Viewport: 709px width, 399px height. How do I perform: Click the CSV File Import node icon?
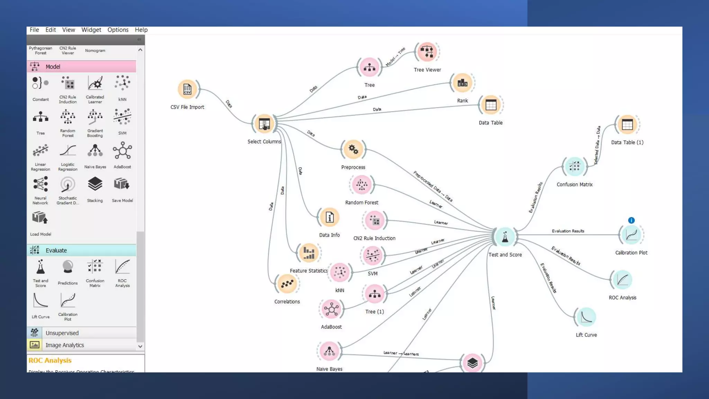(x=187, y=89)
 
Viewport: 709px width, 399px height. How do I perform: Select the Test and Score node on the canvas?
(x=505, y=237)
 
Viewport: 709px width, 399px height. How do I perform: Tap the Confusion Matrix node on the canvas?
(x=574, y=167)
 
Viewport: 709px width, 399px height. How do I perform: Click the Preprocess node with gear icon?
(x=353, y=150)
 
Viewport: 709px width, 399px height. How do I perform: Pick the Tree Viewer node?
(x=427, y=52)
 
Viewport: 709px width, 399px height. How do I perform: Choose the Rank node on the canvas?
(x=462, y=83)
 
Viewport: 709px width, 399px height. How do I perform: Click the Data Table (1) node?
(x=627, y=125)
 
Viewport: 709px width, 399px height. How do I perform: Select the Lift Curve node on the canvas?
(x=586, y=317)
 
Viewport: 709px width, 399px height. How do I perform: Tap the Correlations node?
(x=287, y=284)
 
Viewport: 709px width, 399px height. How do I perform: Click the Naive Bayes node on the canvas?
(x=329, y=351)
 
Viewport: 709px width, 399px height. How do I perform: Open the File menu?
(x=34, y=30)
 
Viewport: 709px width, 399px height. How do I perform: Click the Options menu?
(x=118, y=30)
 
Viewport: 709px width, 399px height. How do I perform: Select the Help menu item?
(x=141, y=30)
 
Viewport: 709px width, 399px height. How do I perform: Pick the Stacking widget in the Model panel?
(x=95, y=185)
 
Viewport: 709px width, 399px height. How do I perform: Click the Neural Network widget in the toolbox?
(x=41, y=185)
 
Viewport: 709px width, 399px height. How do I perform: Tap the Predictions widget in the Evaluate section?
(x=68, y=268)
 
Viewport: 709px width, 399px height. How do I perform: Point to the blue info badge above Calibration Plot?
(x=631, y=220)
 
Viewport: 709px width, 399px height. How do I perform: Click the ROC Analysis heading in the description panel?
(x=50, y=360)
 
